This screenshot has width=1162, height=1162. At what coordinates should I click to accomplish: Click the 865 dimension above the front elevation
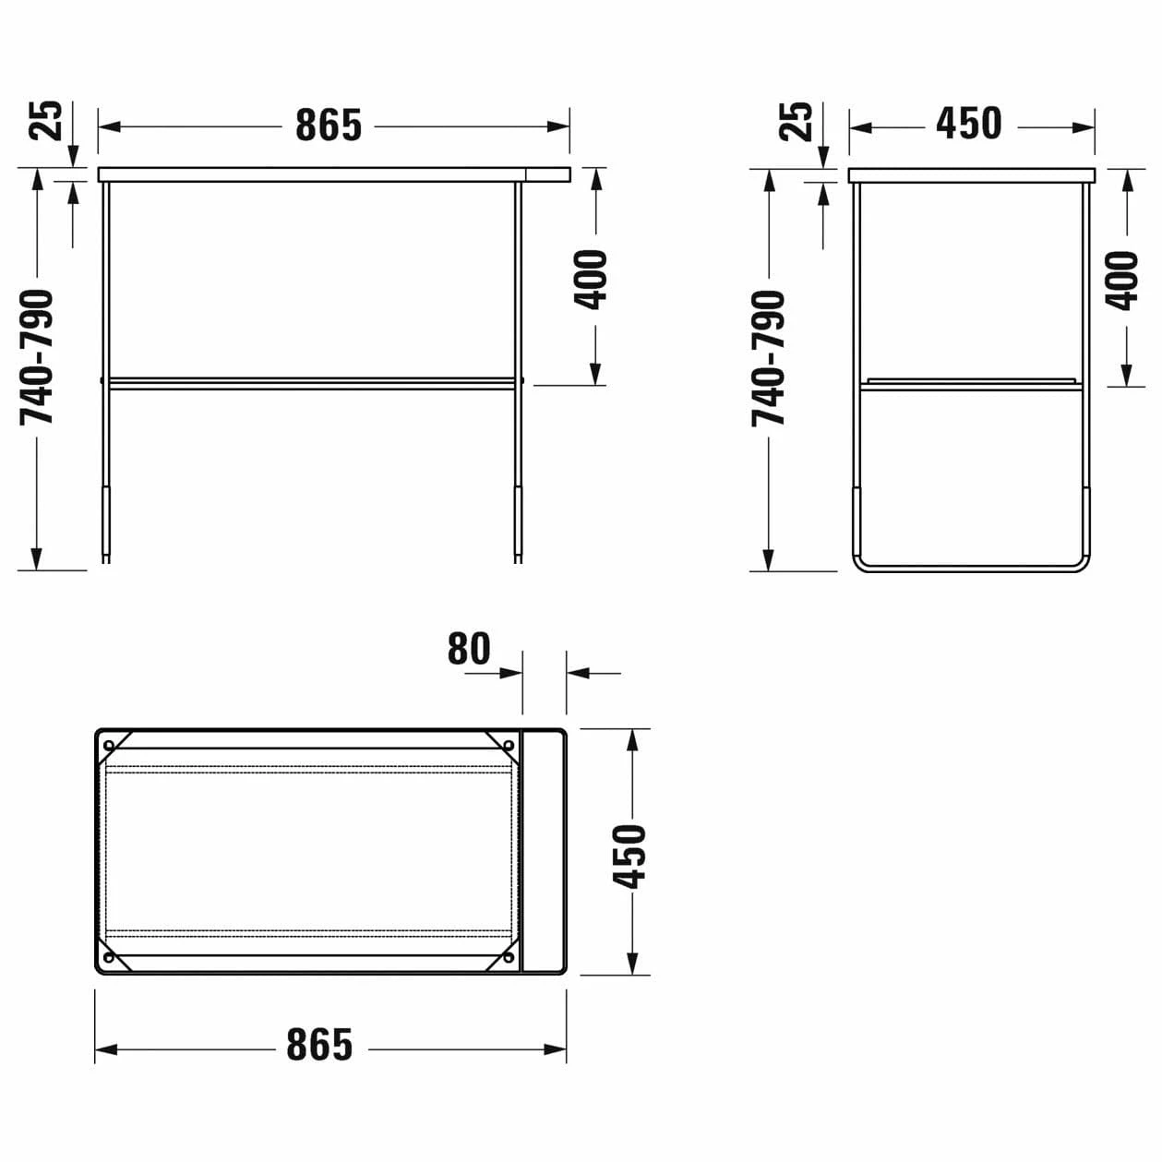329,126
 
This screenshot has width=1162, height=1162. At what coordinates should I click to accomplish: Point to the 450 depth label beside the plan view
629,857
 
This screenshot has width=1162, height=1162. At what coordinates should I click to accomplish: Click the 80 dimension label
469,648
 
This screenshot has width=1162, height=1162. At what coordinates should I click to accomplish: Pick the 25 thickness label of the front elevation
46,121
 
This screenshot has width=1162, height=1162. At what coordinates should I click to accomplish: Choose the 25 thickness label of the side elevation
796,122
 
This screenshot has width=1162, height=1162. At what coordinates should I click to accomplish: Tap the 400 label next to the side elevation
1122,281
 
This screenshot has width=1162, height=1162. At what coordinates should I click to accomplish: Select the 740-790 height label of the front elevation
37,357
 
